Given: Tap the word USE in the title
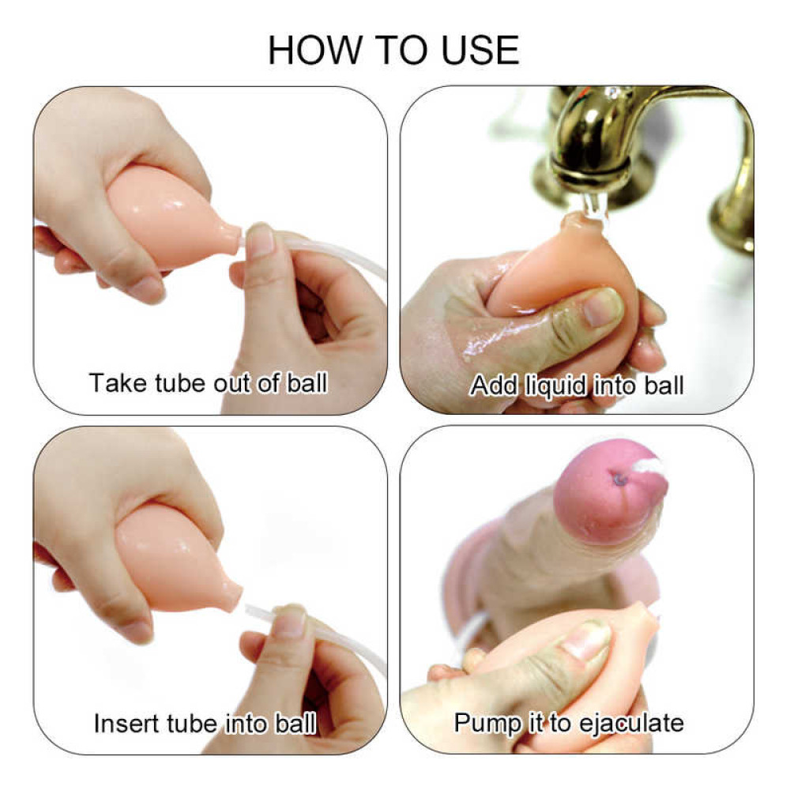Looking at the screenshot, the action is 480,50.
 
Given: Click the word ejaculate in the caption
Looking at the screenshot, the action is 631,724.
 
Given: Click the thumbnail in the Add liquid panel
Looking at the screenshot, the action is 603,307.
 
